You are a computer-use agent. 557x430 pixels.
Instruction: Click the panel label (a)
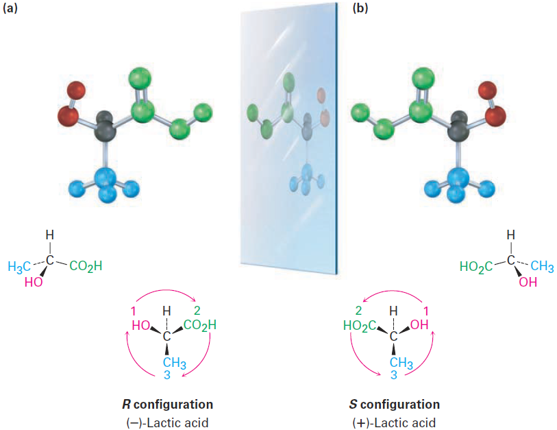coord(12,9)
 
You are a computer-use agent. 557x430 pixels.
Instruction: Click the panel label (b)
coord(361,9)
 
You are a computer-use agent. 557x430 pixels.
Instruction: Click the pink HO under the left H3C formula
coord(32,282)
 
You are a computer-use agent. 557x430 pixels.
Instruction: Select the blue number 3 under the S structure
coord(394,374)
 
